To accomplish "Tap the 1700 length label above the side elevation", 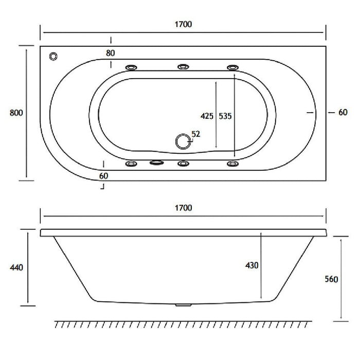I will pos(183,208).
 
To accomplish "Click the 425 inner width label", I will pos(207,116).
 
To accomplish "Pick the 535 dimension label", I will pos(225,116).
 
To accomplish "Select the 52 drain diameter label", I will pos(195,134).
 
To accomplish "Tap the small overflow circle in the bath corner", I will pos(54,56).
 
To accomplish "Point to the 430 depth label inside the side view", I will pos(251,265).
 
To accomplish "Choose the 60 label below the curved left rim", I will pos(104,175).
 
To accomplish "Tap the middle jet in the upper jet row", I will pos(183,67).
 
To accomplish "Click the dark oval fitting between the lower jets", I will pos(156,164).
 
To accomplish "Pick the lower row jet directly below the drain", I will pos(183,164).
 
